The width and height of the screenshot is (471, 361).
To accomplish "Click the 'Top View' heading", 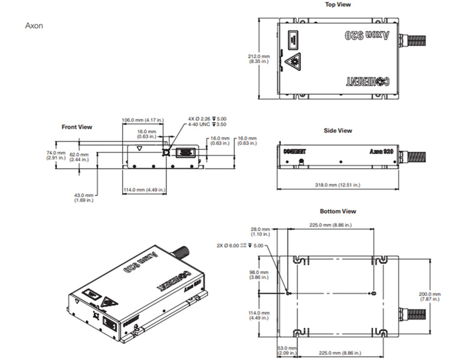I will [338, 4].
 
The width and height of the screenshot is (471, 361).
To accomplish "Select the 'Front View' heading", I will [77, 127].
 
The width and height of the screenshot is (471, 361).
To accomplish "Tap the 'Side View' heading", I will [338, 130].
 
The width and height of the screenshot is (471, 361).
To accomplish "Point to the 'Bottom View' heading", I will [338, 211].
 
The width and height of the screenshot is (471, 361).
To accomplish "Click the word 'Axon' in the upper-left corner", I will [34, 25].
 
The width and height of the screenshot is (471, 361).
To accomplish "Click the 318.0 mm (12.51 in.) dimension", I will [338, 185].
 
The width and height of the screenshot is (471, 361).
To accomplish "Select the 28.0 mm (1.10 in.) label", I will [260, 232].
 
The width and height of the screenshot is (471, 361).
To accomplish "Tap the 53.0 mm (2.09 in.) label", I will [286, 351].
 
